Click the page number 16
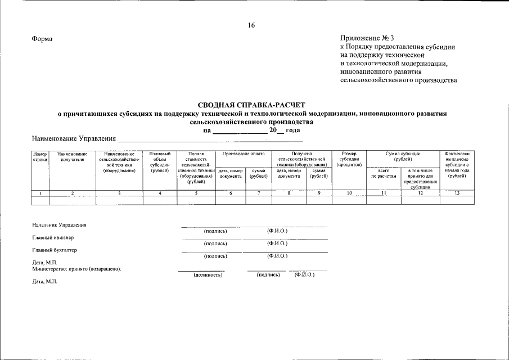click(x=251, y=25)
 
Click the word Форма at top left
click(x=42, y=39)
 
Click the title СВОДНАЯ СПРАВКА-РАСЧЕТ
click(x=251, y=105)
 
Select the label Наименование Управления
click(x=74, y=138)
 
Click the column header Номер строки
click(x=40, y=157)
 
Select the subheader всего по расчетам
click(x=384, y=173)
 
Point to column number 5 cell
click(x=196, y=193)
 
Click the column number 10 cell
click(x=349, y=193)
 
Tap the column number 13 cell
click(x=456, y=193)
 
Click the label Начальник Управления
click(x=60, y=225)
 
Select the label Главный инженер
click(x=53, y=237)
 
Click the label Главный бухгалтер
click(x=55, y=250)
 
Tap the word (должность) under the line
click(x=208, y=275)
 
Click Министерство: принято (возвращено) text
click(x=77, y=269)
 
